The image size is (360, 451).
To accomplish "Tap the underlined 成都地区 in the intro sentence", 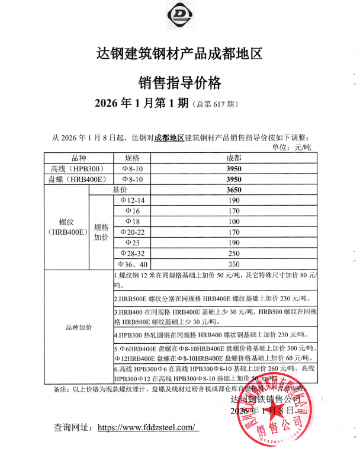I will [169, 138].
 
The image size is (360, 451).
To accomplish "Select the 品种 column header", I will [78, 158].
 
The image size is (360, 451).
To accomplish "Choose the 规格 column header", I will [131, 158].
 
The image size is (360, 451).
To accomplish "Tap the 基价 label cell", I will [120, 190].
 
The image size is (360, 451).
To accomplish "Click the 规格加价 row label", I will [101, 232].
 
